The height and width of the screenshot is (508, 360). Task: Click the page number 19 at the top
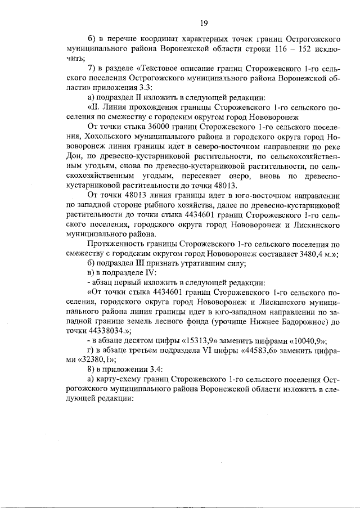[x=203, y=23]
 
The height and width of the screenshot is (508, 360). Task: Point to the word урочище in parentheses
[x=220, y=322]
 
